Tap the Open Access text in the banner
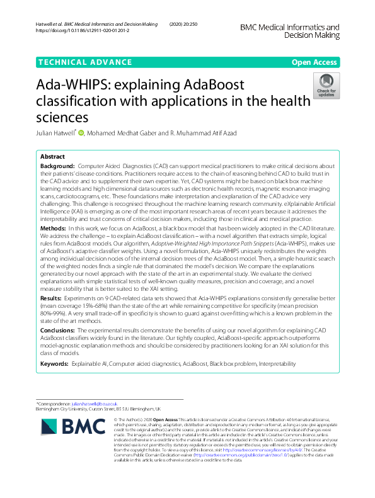point(313,62)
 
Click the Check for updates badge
point(326,85)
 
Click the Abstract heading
point(52,156)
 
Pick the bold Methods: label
point(53,227)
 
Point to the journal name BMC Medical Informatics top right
point(290,27)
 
